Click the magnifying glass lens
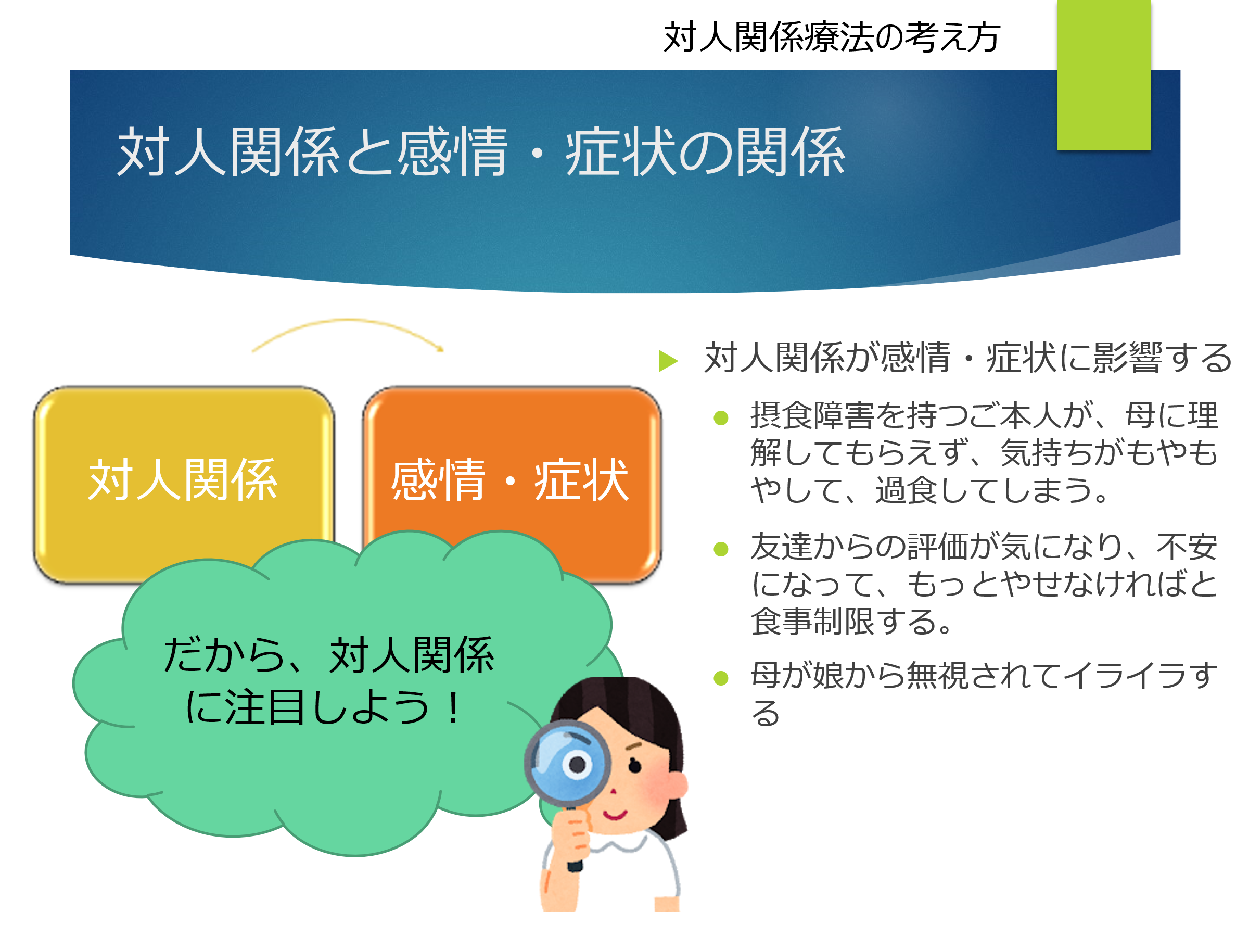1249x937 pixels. click(567, 763)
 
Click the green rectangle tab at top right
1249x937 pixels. click(1104, 74)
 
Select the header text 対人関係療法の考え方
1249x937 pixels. click(832, 37)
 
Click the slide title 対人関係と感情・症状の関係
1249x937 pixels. click(480, 151)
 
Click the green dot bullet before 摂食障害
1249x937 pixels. click(721, 418)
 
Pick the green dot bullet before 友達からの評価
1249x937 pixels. click(721, 549)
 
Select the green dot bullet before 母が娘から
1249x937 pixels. click(721, 678)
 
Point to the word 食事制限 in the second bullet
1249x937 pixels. click(812, 621)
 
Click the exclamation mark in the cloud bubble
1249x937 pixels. click(453, 707)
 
